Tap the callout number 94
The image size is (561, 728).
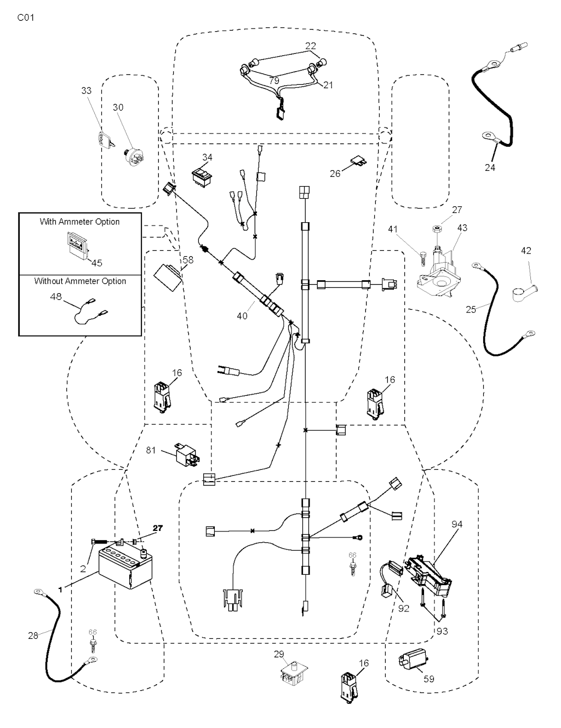[x=457, y=524]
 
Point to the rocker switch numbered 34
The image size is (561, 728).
[x=201, y=175]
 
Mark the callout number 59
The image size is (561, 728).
[x=429, y=679]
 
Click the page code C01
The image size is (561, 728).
[x=26, y=18]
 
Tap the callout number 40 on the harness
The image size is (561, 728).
[x=242, y=316]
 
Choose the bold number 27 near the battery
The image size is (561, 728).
[x=158, y=528]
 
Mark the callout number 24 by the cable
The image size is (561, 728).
[x=490, y=167]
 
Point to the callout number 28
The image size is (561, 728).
[x=33, y=635]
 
